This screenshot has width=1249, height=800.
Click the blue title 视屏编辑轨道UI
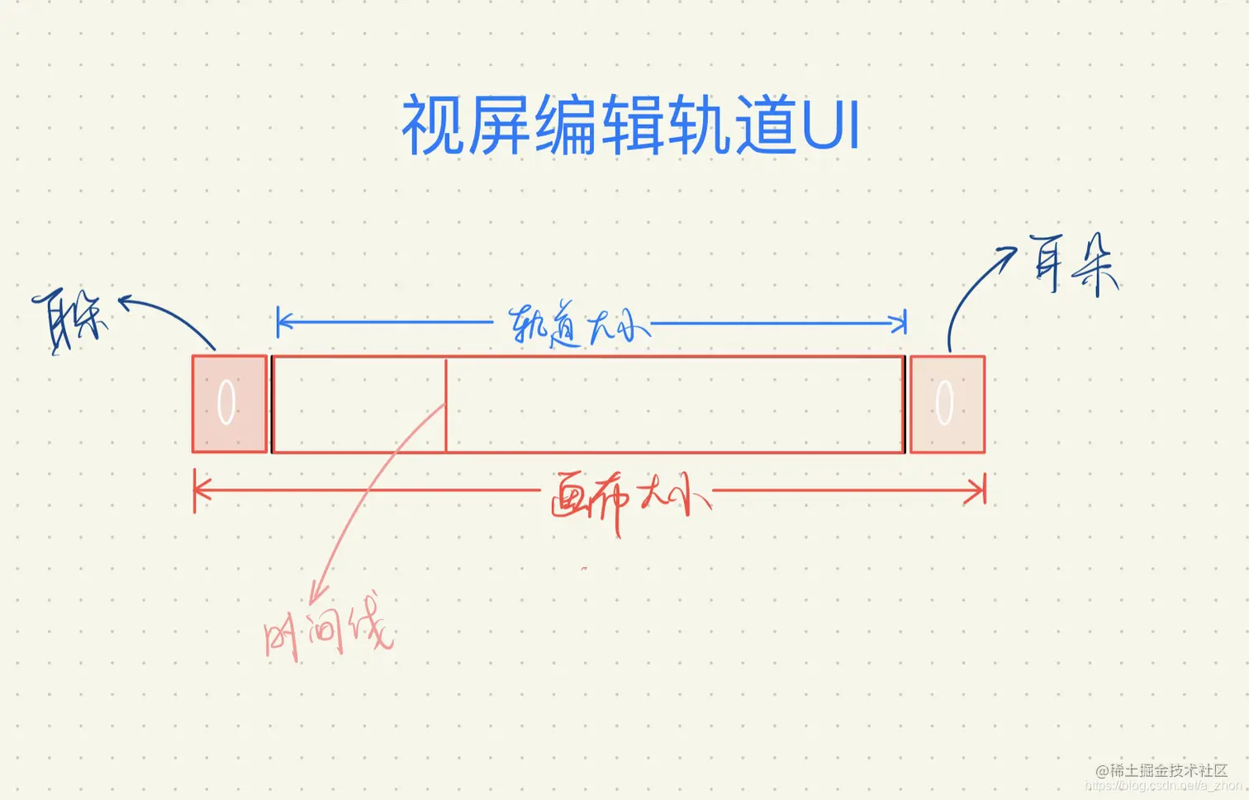[630, 125]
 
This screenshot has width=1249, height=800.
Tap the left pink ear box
[229, 404]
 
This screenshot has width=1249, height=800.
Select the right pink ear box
[947, 404]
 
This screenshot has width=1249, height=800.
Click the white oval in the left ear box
[226, 402]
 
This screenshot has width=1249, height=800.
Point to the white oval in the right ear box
[944, 402]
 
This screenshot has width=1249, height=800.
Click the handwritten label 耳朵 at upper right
[1073, 264]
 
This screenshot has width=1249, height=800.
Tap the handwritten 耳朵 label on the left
[70, 320]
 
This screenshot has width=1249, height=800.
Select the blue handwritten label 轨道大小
[577, 325]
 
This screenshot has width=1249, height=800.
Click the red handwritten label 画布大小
[628, 498]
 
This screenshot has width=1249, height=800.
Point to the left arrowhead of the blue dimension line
[281, 322]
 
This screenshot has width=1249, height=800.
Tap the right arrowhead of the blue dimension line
[902, 322]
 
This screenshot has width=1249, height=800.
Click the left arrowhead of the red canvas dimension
[198, 490]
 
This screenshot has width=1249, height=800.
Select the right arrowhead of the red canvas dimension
[981, 491]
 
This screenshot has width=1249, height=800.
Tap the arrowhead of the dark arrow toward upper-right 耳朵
[1009, 251]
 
